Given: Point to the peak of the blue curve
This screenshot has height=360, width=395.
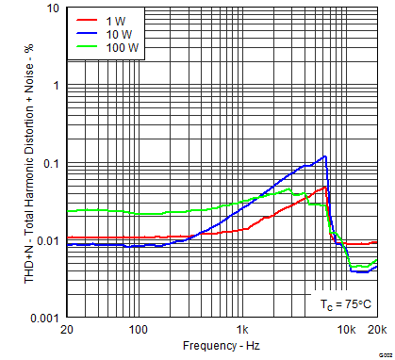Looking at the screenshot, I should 325,156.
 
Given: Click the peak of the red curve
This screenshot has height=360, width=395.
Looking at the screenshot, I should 325,187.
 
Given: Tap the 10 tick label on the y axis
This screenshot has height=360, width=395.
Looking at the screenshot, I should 52,8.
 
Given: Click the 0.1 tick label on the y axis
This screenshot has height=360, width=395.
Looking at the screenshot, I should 49,163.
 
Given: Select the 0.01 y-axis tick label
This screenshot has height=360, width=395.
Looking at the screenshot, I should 46,241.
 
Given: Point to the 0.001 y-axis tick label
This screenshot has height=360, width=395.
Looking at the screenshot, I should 43,319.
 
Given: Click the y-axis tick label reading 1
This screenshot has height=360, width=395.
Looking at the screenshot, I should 56,86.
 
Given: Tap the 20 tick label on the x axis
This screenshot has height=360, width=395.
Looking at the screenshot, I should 66,330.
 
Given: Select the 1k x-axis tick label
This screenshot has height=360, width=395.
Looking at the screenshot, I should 243,330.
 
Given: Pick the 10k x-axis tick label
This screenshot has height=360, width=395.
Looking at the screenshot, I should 346,330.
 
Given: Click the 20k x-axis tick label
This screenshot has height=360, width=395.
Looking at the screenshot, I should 375,330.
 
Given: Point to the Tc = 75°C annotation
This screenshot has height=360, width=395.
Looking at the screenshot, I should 341,303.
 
